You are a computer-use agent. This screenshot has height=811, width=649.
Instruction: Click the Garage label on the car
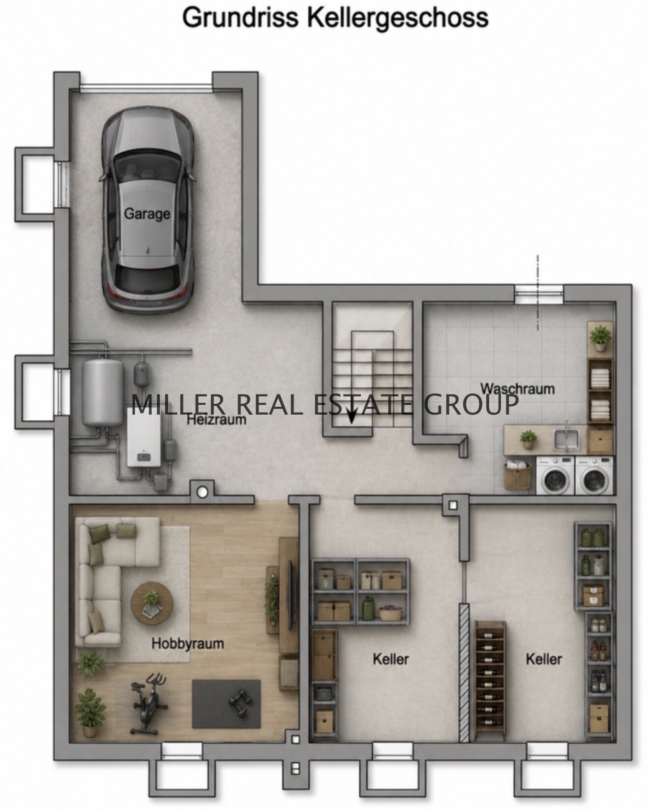[147, 214]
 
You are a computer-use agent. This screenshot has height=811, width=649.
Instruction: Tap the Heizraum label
[216, 420]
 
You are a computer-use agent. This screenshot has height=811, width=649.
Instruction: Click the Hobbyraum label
[187, 643]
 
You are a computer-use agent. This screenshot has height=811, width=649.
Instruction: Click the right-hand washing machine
[594, 476]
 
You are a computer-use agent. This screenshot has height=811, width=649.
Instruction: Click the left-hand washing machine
[555, 476]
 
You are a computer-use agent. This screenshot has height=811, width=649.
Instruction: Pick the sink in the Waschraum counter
[567, 439]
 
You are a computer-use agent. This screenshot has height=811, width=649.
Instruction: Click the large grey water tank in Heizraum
[103, 392]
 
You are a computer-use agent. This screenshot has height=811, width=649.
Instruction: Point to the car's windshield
[147, 162]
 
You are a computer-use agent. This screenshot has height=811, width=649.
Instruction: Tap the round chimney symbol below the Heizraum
[202, 491]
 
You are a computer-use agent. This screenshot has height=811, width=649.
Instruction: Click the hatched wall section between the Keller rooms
[464, 672]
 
